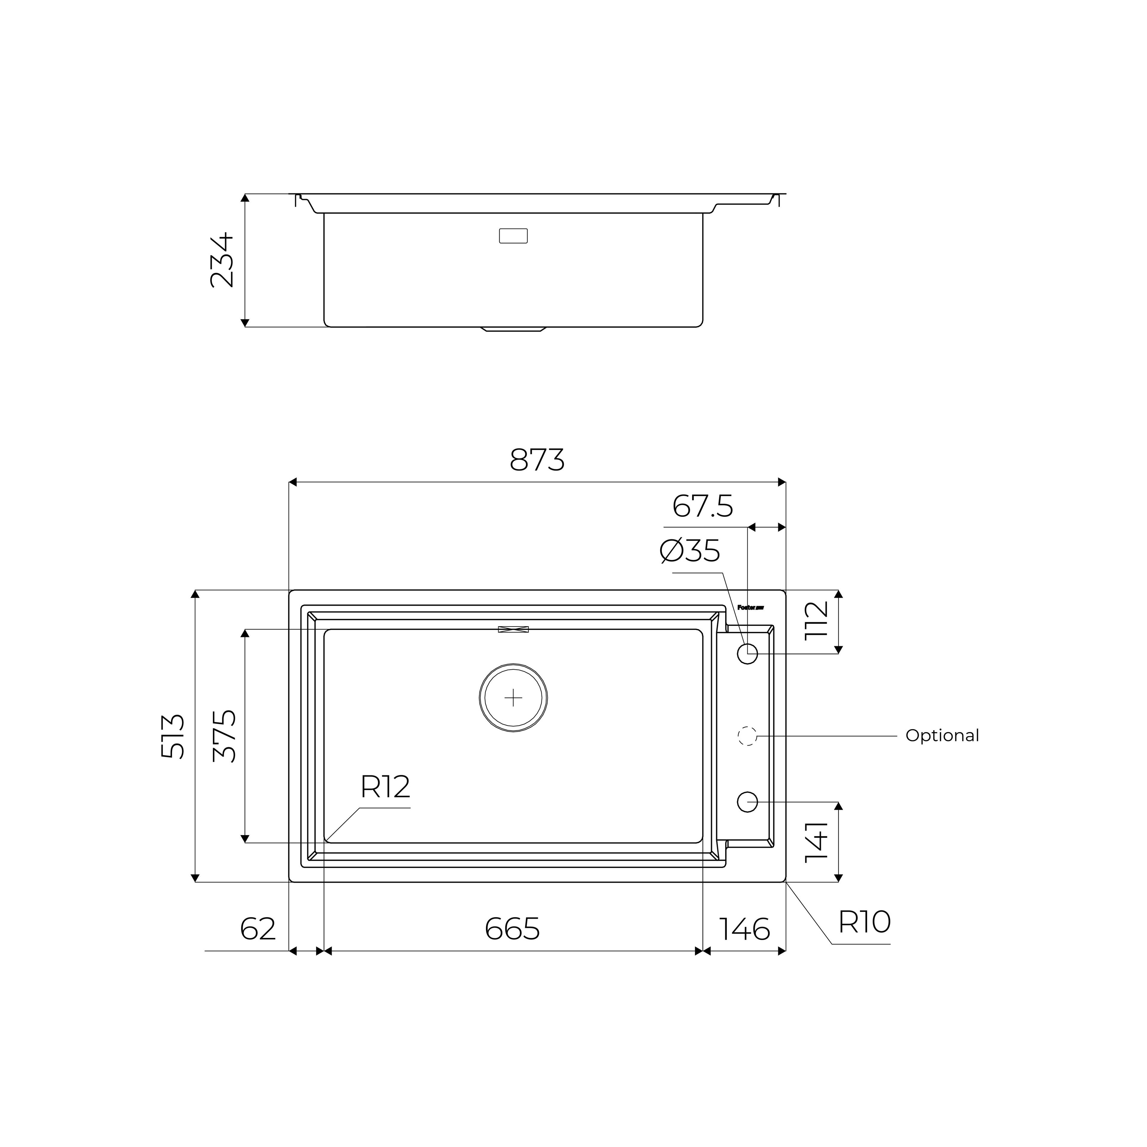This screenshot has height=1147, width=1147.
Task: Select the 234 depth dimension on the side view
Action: tap(223, 260)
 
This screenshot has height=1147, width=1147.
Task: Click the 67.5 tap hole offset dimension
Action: tap(702, 506)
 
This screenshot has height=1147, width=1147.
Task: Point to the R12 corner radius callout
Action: tap(385, 787)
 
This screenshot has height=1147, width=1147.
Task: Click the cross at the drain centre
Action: tap(513, 697)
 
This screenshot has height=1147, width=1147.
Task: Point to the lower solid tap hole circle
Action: tap(747, 802)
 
